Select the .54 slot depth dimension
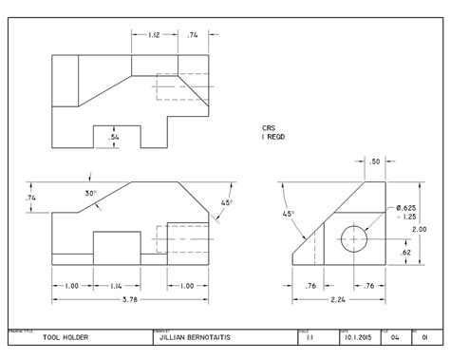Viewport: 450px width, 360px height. click(x=115, y=138)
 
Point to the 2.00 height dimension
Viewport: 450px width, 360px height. click(x=431, y=229)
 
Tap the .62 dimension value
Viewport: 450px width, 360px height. click(x=405, y=254)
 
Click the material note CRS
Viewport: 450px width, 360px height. click(x=269, y=126)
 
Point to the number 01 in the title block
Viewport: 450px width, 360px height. click(x=425, y=337)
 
